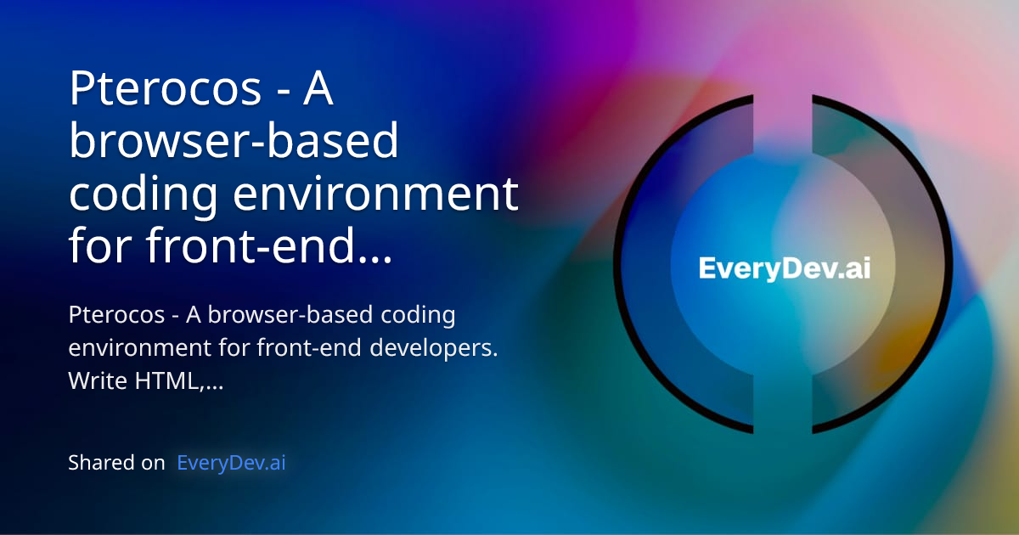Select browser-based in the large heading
coord(234,142)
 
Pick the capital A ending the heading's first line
coord(318,88)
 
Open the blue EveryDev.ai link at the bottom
coord(231,463)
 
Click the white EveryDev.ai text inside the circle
coord(784,268)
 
